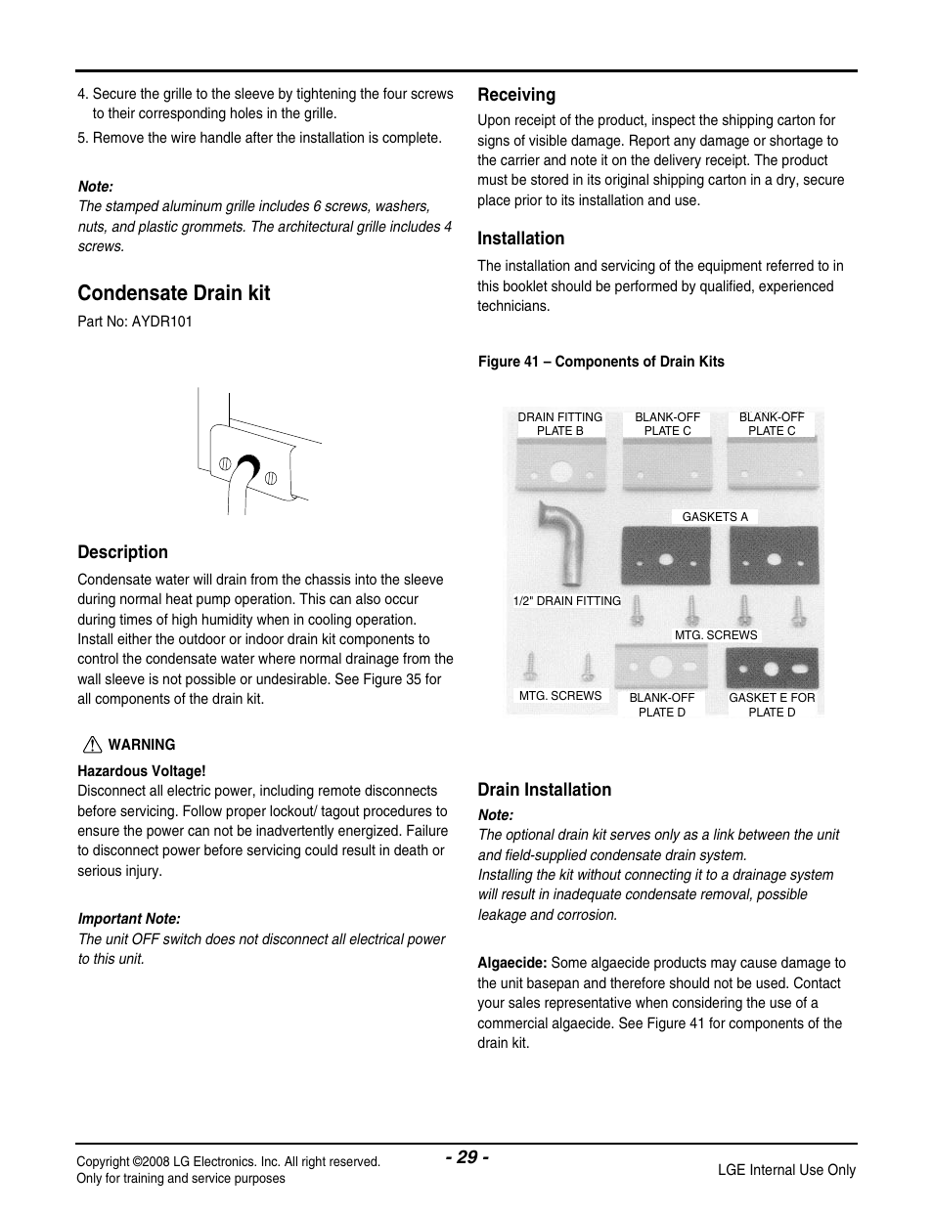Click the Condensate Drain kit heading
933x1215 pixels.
[174, 293]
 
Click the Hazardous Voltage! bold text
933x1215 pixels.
[142, 771]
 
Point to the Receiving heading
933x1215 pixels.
[516, 95]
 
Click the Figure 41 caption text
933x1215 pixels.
[600, 362]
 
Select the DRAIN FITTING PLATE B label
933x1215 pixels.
[559, 423]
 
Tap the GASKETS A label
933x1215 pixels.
[715, 517]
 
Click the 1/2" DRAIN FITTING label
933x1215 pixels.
[566, 601]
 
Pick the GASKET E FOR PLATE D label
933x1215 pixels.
[772, 705]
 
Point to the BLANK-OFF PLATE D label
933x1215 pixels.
[662, 705]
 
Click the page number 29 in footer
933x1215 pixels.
[466, 1157]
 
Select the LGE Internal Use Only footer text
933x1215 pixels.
[786, 1170]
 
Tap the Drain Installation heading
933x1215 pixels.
[544, 790]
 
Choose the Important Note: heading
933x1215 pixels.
[129, 919]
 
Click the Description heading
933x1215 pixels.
[122, 552]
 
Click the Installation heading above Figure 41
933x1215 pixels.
[520, 239]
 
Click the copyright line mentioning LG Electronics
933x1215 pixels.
[228, 1161]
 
